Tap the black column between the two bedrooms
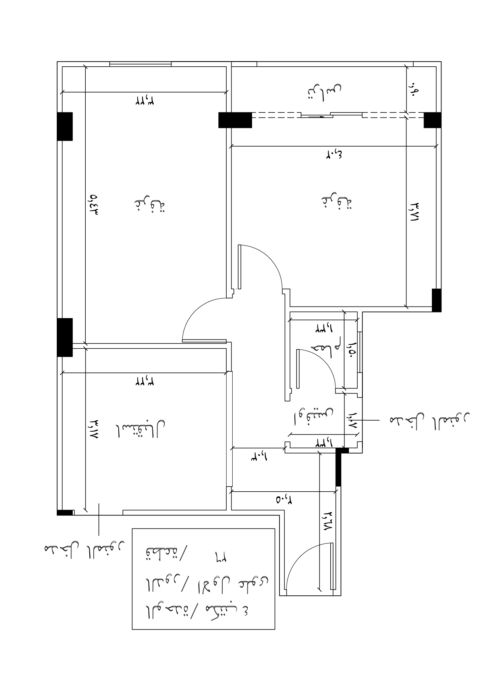235,120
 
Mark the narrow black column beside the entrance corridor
338,469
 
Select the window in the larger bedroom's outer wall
140,64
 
